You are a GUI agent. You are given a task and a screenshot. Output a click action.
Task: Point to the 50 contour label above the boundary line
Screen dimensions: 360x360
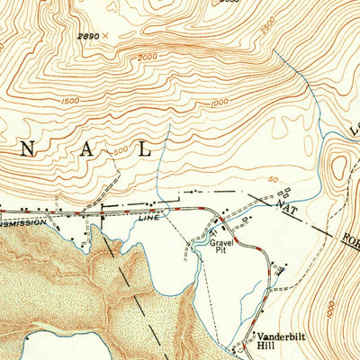[x=273, y=180]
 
